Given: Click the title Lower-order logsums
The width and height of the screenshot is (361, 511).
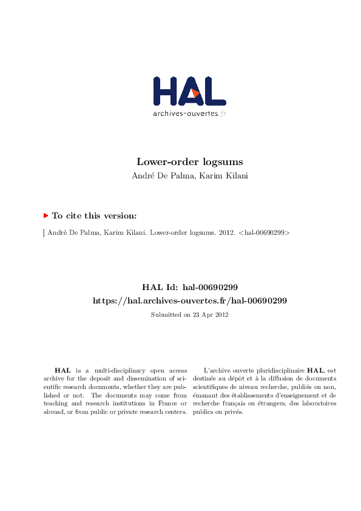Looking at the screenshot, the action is (189, 162).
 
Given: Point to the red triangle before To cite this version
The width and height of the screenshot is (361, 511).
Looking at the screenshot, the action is (46, 215).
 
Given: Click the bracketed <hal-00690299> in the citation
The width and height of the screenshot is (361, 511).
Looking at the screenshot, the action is (264, 232).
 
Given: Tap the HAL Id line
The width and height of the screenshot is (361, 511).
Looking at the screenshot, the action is (189, 287).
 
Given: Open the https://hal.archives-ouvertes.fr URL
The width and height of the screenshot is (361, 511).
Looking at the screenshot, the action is (189, 300).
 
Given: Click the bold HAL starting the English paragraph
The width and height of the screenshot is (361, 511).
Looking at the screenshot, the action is (62, 370).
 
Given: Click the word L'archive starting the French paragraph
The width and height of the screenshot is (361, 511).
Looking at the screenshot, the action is (215, 370).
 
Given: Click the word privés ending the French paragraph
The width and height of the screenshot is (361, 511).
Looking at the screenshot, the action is (234, 411).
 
